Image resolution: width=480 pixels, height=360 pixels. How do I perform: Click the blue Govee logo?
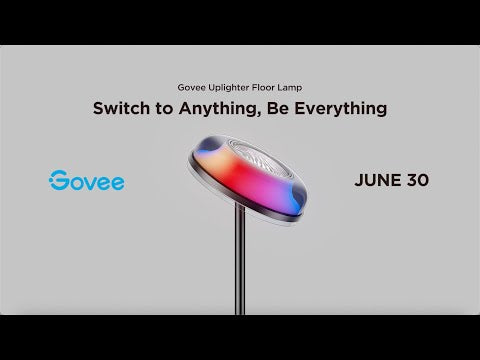(x=86, y=182)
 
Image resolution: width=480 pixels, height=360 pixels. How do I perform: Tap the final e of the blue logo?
(x=116, y=183)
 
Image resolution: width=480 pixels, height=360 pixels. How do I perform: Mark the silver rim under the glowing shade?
(x=240, y=214)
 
